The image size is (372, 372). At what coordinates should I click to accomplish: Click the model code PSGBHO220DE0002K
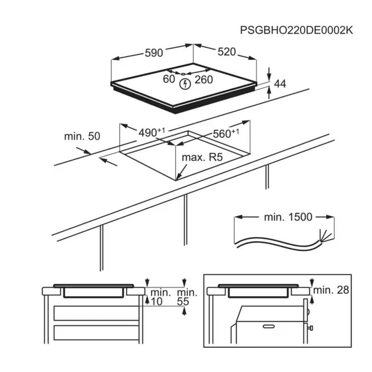click(297, 30)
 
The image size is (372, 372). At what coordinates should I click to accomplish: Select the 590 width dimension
click(153, 53)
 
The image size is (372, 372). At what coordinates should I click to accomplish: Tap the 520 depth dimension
click(227, 52)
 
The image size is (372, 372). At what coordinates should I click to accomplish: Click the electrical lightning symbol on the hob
click(185, 84)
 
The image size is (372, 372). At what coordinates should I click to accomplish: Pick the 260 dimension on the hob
click(204, 80)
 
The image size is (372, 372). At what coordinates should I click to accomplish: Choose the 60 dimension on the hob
click(169, 79)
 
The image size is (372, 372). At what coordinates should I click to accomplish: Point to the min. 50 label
click(82, 136)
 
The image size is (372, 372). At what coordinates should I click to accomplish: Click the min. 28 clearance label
click(331, 290)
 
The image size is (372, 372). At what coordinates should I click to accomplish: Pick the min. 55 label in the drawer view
click(187, 297)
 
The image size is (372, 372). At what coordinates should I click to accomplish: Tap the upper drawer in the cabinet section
click(96, 313)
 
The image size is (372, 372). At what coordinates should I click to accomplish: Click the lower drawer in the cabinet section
click(96, 332)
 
